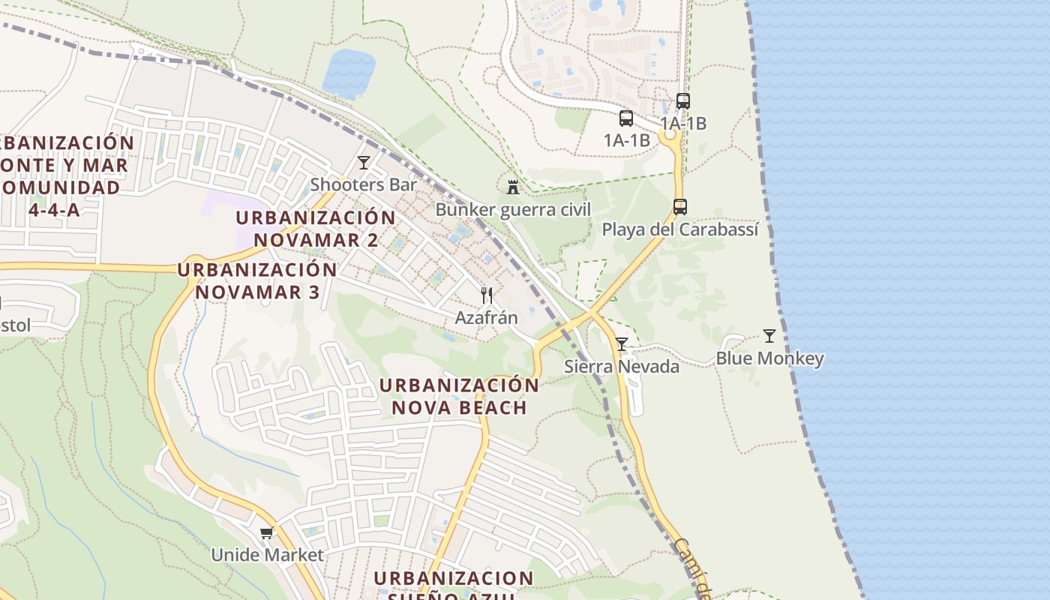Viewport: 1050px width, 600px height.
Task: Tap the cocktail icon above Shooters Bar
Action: [x=364, y=163]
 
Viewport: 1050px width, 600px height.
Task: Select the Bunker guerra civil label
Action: [x=513, y=209]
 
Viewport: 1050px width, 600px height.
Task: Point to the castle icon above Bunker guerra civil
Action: [x=513, y=187]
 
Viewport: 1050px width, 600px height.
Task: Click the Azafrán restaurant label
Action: [x=486, y=317]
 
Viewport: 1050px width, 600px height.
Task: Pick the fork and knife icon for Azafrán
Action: [x=487, y=295]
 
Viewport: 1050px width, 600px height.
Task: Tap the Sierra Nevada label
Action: [x=622, y=366]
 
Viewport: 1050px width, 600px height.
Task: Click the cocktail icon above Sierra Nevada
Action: [x=622, y=344]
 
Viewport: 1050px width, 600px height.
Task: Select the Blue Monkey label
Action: [x=769, y=358]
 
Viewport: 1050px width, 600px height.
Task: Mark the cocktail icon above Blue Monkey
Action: [x=769, y=336]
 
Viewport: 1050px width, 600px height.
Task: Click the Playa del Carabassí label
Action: [x=680, y=229]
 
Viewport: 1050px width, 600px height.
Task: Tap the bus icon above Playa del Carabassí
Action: [x=680, y=206]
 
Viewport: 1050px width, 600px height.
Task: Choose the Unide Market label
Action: [x=267, y=555]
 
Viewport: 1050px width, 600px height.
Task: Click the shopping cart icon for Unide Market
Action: [x=267, y=533]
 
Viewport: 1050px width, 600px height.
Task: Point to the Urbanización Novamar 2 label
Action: [x=316, y=229]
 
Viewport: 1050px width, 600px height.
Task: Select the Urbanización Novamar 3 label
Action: [x=257, y=280]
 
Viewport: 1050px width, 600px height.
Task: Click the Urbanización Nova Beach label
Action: [x=459, y=396]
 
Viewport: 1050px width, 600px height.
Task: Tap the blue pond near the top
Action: [x=349, y=73]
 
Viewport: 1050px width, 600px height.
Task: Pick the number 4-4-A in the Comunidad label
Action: [x=54, y=209]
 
